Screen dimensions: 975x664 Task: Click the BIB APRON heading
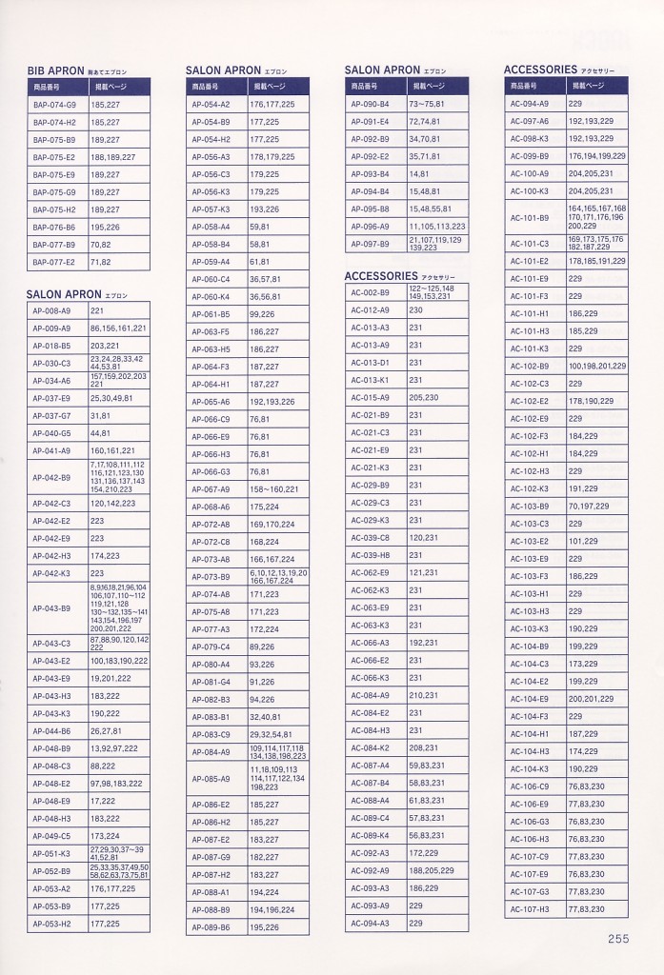56,70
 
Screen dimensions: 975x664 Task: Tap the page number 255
618,938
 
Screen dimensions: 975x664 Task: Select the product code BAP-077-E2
53,261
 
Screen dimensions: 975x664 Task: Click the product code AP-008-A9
51,310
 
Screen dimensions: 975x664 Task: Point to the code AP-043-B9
51,607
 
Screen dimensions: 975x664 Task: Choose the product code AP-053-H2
51,924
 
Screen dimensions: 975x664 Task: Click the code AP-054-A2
211,104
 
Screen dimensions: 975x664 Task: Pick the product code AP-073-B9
211,576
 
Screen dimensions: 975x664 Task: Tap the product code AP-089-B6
211,926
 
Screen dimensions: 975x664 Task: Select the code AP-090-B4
370,104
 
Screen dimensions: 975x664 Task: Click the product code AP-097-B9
370,244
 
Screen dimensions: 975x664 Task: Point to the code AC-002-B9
370,292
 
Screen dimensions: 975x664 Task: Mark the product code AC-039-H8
370,555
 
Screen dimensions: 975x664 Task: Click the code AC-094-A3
370,923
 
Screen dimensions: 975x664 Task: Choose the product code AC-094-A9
529,104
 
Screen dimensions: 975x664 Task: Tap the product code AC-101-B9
529,217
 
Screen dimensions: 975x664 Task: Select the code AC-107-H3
529,909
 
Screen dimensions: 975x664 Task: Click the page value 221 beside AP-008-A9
97,310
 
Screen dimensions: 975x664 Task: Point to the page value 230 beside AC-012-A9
415,310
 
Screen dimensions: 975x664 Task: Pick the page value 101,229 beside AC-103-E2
583,541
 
